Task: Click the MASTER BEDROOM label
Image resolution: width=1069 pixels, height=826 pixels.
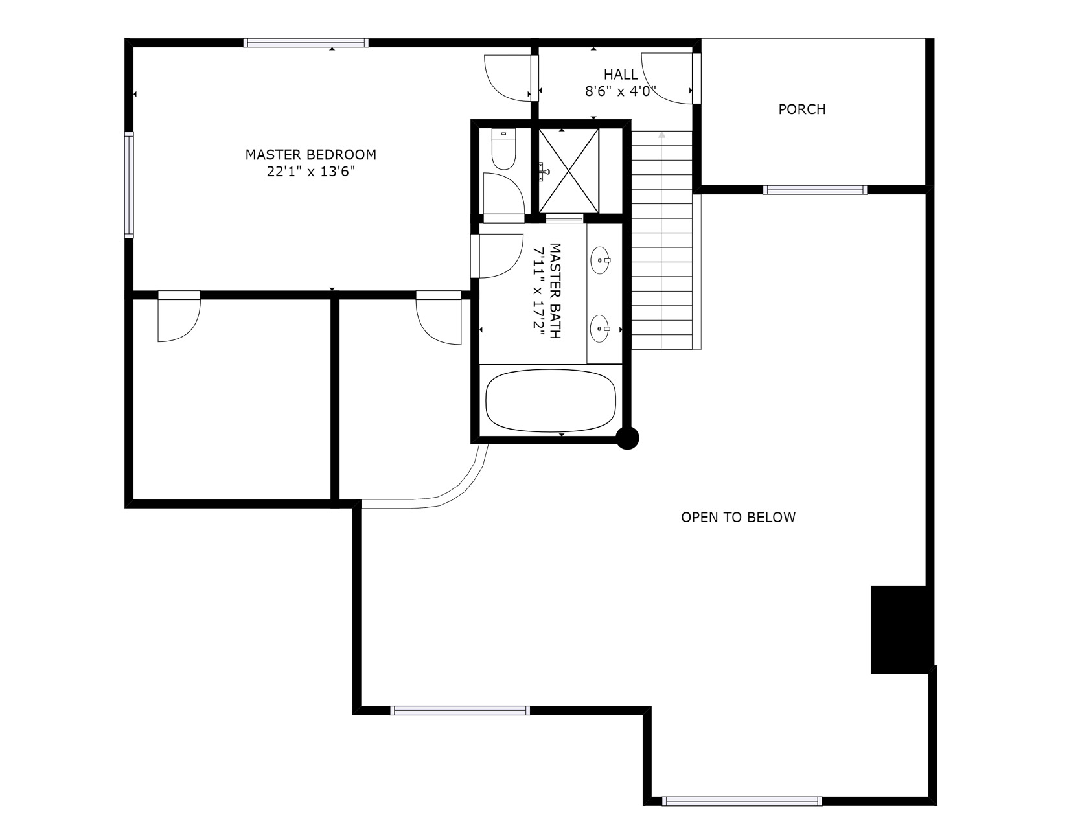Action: coord(310,154)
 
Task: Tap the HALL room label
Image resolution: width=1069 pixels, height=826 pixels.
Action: coord(621,75)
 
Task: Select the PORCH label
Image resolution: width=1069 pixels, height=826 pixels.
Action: coord(802,109)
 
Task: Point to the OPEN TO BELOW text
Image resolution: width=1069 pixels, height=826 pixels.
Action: coord(738,517)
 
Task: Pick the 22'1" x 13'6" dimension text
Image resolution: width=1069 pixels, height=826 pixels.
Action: coord(310,172)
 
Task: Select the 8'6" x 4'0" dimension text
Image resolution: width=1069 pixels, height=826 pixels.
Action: coord(621,91)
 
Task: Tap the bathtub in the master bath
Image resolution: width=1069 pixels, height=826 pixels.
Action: coord(551,401)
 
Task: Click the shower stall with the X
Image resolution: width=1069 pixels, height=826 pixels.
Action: coord(569,171)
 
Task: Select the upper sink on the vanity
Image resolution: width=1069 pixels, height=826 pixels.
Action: coord(600,260)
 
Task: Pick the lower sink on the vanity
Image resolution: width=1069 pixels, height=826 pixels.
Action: coord(600,328)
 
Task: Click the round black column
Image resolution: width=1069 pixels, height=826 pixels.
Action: coord(627,438)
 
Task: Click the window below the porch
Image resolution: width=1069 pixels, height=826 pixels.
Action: coord(814,190)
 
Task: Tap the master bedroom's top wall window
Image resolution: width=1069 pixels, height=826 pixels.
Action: coord(306,43)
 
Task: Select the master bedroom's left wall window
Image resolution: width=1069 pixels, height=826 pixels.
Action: coord(129,185)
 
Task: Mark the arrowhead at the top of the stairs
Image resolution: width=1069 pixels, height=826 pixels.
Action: coord(661,135)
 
